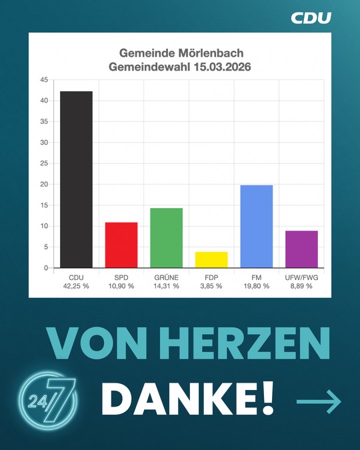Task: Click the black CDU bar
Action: click(x=76, y=179)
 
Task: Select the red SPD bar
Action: click(x=121, y=245)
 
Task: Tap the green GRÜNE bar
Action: click(x=166, y=238)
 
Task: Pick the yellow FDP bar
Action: click(x=211, y=259)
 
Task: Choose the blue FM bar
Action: click(x=256, y=226)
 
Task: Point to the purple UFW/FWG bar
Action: click(x=301, y=249)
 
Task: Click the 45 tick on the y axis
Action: click(x=43, y=80)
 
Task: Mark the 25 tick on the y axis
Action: click(x=43, y=163)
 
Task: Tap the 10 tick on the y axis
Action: click(x=43, y=226)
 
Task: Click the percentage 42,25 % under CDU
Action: click(x=76, y=286)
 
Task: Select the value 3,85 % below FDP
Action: click(x=211, y=286)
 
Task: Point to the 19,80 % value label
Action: click(x=256, y=286)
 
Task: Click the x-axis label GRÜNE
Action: click(x=166, y=277)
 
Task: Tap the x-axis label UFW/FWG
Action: click(x=301, y=277)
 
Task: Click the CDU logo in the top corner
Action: click(x=311, y=18)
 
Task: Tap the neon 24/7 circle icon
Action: click(x=47, y=399)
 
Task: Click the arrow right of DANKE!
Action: click(x=319, y=401)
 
